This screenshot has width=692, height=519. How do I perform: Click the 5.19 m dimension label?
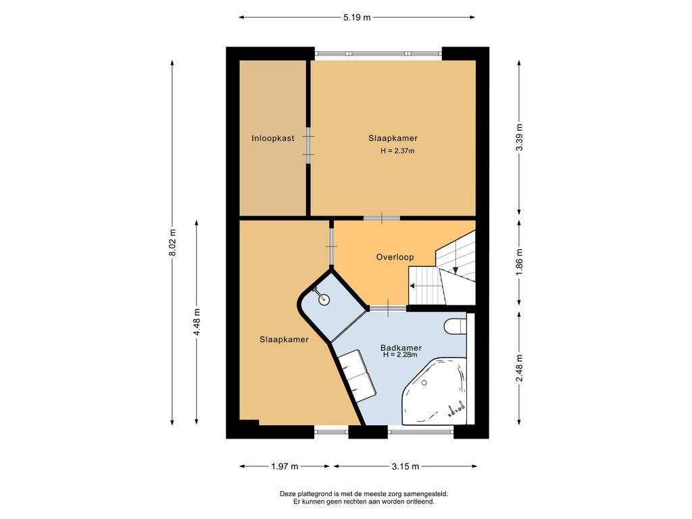coord(357,18)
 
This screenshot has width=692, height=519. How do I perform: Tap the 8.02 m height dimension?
coord(173,242)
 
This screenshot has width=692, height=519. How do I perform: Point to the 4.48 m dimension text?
coord(197,322)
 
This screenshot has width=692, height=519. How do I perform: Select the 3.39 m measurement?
coord(520,137)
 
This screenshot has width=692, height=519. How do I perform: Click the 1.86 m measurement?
coord(520,263)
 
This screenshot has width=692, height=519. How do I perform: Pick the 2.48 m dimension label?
coord(520,368)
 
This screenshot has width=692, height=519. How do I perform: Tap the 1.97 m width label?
coord(285,466)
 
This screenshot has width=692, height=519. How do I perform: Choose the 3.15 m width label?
coord(405,466)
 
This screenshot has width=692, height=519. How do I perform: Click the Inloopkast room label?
coord(273,138)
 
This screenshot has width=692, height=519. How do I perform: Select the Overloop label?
coord(395,257)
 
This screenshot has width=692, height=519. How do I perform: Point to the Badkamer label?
coord(401,348)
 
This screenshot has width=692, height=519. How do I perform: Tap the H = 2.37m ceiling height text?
coord(397,151)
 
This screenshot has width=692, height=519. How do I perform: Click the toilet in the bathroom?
coord(455,326)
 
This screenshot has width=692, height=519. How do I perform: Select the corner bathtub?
coord(435,391)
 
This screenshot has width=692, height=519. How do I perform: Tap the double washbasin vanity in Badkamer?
coord(357,376)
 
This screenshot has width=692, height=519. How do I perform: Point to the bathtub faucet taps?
coord(456,409)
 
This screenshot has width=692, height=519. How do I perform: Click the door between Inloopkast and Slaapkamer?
coord(308,146)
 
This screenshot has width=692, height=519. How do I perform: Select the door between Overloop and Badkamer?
coord(388,308)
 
